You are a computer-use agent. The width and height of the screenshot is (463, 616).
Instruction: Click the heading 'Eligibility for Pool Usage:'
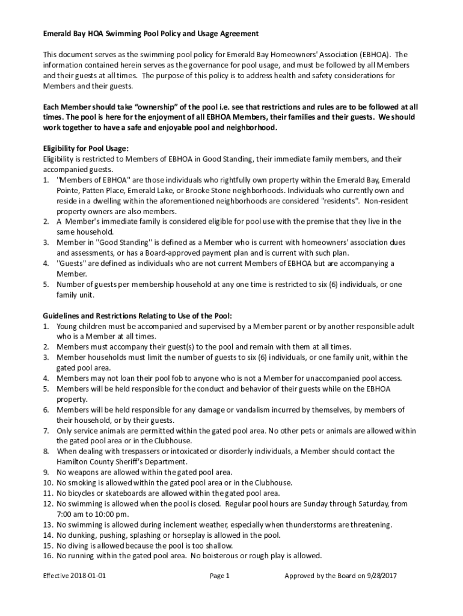coord(85,149)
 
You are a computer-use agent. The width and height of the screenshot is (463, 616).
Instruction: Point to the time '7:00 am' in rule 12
coord(71,514)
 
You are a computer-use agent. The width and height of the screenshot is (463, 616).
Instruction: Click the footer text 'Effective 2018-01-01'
coord(75,576)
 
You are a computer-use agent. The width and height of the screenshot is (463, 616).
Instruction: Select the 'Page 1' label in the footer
coord(219,576)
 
